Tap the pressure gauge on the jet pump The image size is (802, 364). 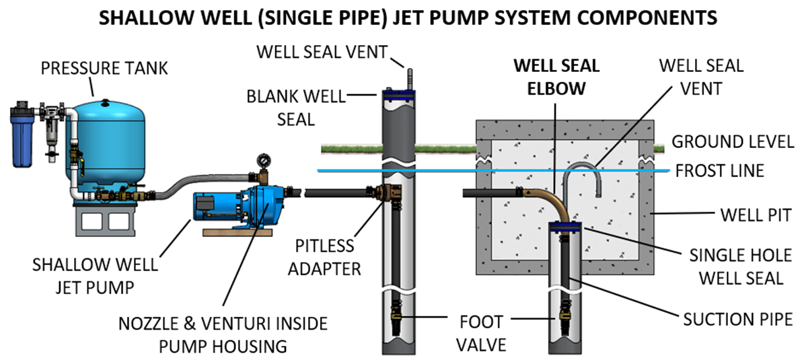(262, 162)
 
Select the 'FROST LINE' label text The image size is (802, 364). (718, 171)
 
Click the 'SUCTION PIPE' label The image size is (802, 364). (737, 319)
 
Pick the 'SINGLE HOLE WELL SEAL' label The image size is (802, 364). (736, 266)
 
